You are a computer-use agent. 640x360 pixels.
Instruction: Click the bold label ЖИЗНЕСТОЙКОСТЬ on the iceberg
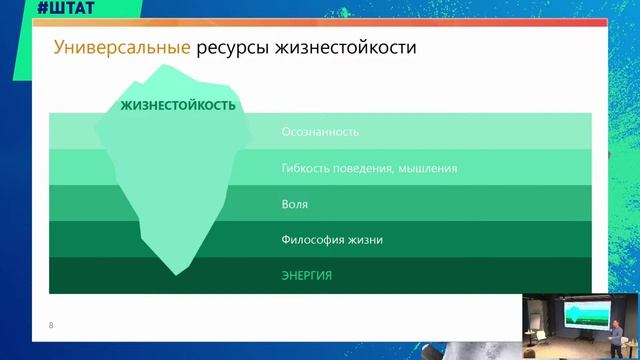point(178,105)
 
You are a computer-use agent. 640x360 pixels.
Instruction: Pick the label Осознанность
point(320,132)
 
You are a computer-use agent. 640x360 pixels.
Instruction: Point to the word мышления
point(428,168)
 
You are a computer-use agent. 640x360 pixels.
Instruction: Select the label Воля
point(295,204)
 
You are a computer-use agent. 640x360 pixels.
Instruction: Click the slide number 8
point(52,326)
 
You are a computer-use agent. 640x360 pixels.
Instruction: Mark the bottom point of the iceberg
point(179,272)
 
